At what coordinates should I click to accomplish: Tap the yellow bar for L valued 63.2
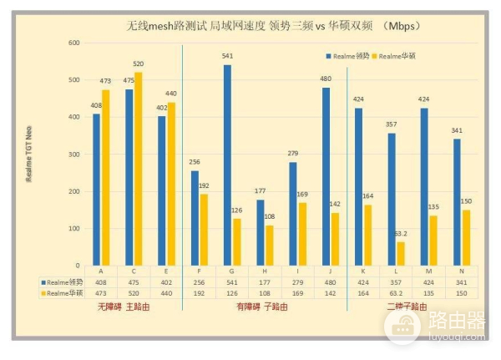[402, 253]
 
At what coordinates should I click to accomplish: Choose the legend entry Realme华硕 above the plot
[397, 55]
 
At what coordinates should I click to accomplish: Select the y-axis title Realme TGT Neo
[29, 155]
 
